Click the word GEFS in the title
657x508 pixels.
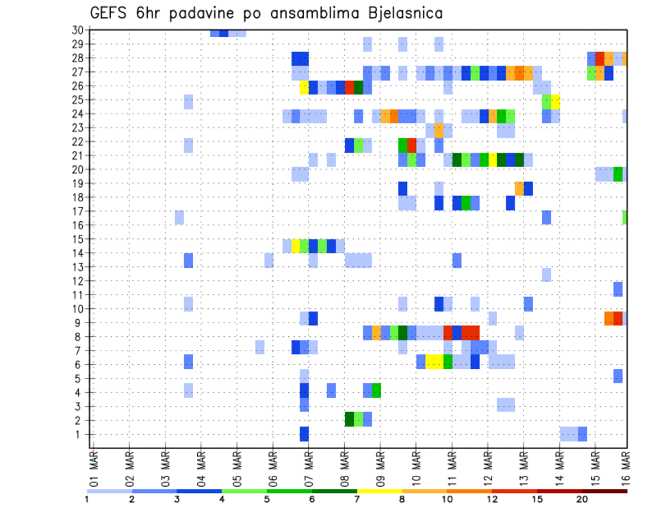pyautogui.click(x=109, y=14)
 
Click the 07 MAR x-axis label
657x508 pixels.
pyautogui.click(x=309, y=468)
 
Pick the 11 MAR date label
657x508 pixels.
pyautogui.click(x=452, y=468)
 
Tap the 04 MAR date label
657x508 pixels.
pyautogui.click(x=201, y=468)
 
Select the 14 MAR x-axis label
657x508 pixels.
pyautogui.click(x=559, y=468)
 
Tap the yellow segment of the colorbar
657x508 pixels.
pyautogui.click(x=379, y=491)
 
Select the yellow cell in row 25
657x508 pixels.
pyautogui.click(x=555, y=100)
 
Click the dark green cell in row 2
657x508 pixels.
pyautogui.click(x=349, y=420)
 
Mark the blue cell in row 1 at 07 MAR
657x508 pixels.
pyautogui.click(x=304, y=434)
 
